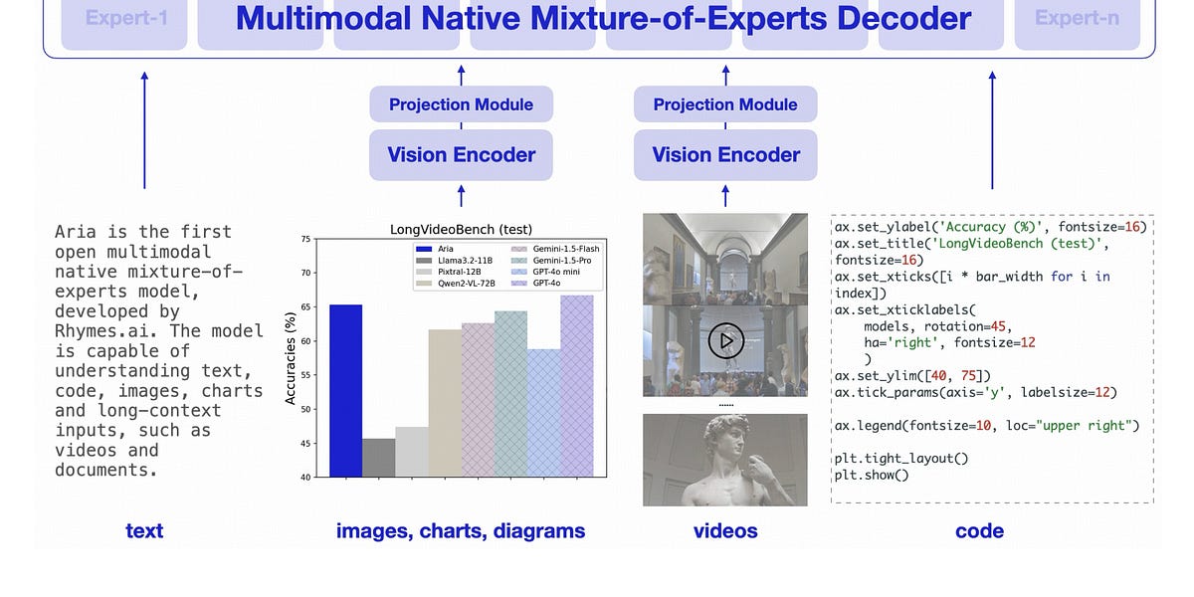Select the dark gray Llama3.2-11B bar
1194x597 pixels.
tap(378, 457)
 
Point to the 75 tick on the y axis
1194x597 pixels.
tap(305, 239)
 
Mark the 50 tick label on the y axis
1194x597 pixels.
tap(305, 409)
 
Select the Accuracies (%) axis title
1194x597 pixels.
tap(291, 357)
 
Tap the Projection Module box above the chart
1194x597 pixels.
tap(461, 104)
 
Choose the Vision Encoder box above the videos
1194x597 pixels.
tap(725, 154)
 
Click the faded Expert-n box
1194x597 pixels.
tap(1077, 18)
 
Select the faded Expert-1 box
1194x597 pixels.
tap(126, 18)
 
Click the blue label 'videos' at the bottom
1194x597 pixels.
tap(725, 531)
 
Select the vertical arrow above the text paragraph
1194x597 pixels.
tap(144, 129)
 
